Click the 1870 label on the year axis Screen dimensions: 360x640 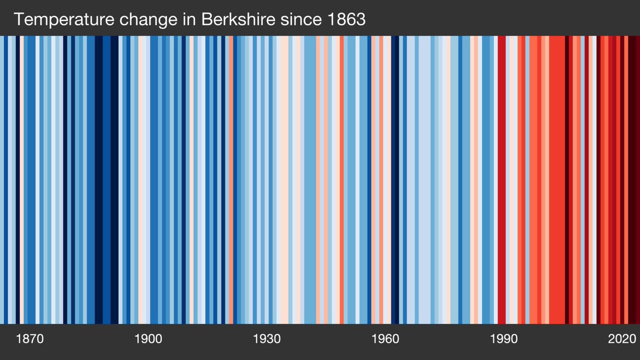pyautogui.click(x=29, y=339)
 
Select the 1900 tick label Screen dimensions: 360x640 pyautogui.click(x=148, y=339)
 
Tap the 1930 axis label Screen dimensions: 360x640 pyautogui.click(x=267, y=339)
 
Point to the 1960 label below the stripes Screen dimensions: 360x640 pyautogui.click(x=385, y=339)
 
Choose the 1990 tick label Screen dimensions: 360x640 pyautogui.click(x=503, y=339)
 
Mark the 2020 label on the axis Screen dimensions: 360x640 pyautogui.click(x=622, y=339)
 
